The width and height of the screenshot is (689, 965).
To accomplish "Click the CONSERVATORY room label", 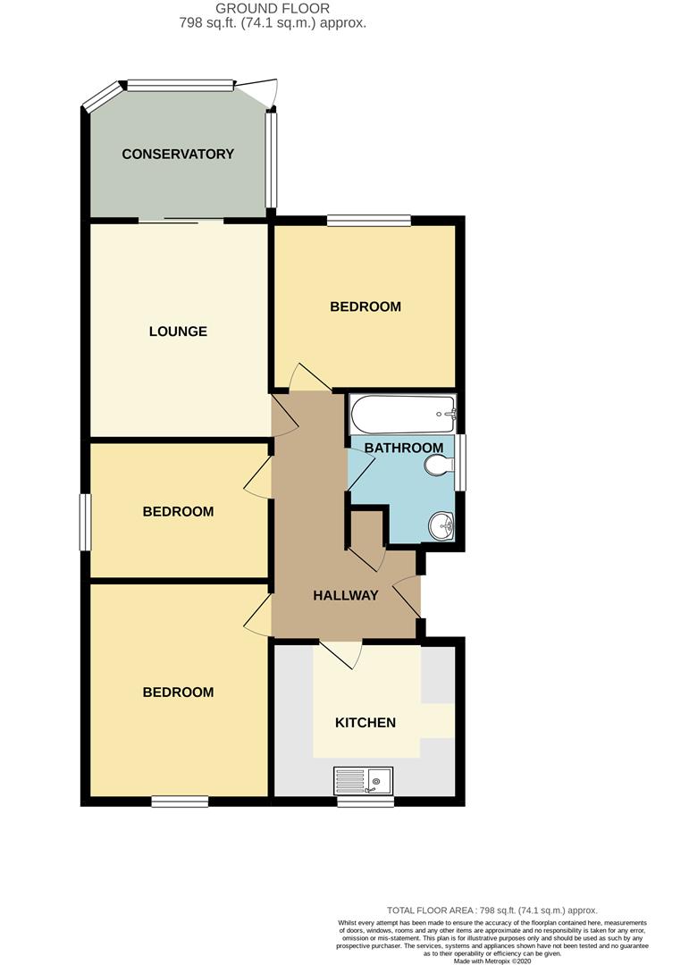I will click(x=178, y=154).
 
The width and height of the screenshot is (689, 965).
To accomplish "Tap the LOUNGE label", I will click(x=178, y=331).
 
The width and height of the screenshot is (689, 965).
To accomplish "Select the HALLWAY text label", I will click(x=345, y=595).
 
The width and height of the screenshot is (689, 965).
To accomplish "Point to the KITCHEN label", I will click(x=365, y=722).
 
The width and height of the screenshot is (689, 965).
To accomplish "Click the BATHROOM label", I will click(x=404, y=448).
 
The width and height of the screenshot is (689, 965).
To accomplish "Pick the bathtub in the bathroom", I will click(x=402, y=413).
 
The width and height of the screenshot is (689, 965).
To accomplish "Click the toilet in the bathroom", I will click(x=439, y=466).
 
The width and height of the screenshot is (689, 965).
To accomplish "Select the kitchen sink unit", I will click(x=364, y=781).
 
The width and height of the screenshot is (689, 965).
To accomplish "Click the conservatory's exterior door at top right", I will click(x=259, y=92).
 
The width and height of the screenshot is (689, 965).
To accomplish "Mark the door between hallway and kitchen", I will click(x=340, y=654).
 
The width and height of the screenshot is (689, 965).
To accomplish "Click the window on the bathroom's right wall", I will click(x=461, y=462).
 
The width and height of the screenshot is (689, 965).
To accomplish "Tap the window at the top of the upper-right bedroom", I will click(x=369, y=219).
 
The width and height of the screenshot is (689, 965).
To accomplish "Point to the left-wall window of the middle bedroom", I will click(x=86, y=523).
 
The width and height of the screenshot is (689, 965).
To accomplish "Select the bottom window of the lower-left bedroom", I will click(x=180, y=801).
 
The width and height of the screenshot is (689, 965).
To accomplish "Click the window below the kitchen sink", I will click(x=366, y=801).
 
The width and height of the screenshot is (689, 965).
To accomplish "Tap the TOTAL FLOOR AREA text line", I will click(x=492, y=910).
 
